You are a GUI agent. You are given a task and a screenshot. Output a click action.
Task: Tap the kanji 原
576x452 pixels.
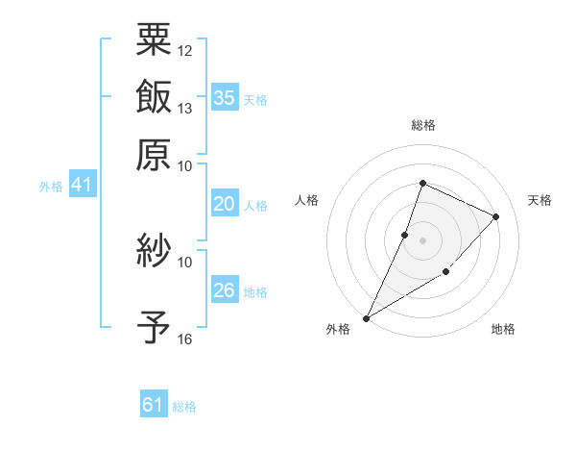(x=155, y=153)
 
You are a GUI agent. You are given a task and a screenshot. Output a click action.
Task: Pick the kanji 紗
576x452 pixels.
(x=155, y=252)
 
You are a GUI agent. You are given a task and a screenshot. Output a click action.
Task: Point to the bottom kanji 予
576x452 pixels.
(x=155, y=328)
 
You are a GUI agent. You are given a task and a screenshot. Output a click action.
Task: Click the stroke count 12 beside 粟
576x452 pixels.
(x=185, y=50)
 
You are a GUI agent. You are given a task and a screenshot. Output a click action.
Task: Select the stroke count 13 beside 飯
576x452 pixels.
(x=185, y=108)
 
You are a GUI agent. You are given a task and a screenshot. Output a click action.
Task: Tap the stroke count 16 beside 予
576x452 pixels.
(x=185, y=339)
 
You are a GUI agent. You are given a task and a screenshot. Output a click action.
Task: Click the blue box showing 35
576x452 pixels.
(x=225, y=98)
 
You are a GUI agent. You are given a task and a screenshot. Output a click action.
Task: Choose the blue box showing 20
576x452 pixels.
(x=225, y=204)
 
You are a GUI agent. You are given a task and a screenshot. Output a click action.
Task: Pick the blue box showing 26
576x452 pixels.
(x=225, y=290)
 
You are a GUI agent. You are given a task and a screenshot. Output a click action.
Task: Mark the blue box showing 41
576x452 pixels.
(x=82, y=185)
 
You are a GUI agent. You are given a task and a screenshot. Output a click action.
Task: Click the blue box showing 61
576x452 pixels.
(x=154, y=405)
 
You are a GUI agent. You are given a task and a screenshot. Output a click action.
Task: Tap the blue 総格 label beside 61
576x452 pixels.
(x=184, y=407)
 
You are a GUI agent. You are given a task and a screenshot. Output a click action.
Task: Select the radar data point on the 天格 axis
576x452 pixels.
(x=496, y=217)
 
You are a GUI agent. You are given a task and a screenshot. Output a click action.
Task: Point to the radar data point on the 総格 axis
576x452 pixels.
(x=422, y=184)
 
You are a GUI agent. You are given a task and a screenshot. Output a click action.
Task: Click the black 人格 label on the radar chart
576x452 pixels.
(x=307, y=200)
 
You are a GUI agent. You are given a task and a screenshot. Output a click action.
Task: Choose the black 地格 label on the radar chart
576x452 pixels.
(x=503, y=330)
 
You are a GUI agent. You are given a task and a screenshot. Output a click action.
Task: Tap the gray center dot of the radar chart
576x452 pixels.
(x=422, y=239)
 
